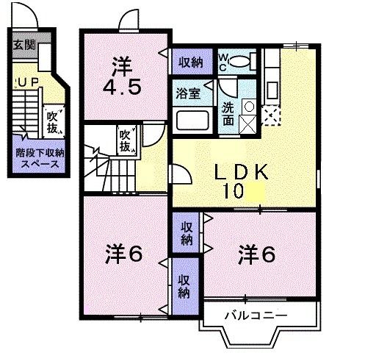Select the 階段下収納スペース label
[x=35, y=159]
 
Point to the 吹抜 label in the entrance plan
[x=53, y=121]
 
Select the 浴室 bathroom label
[x=187, y=93]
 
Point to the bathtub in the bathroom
[x=192, y=121]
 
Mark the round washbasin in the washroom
[x=248, y=107]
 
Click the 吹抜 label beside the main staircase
[x=126, y=140]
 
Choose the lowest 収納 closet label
[x=184, y=284]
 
